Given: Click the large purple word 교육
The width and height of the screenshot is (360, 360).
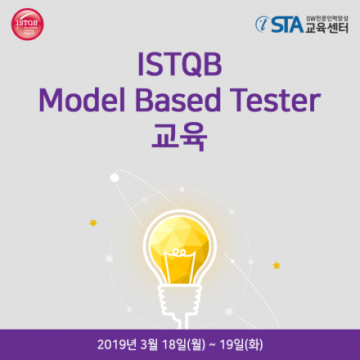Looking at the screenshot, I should (180, 136).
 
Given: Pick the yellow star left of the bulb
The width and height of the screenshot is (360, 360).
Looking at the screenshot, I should (93, 222).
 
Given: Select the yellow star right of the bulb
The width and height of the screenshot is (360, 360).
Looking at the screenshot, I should (277, 265).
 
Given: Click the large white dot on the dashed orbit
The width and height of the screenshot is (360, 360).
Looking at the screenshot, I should (115, 177).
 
